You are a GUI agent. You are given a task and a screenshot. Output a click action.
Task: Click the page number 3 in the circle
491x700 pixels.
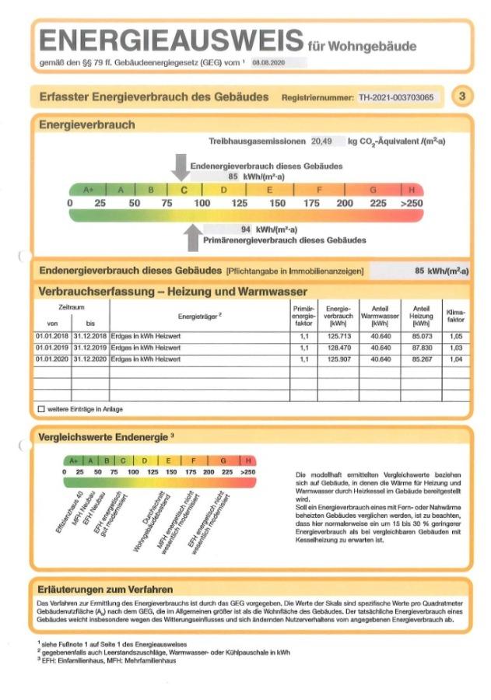click(x=462, y=96)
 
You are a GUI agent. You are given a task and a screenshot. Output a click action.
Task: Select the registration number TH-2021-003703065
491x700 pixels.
click(x=397, y=97)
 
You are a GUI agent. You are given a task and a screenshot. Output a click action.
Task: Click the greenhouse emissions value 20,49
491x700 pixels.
click(x=321, y=142)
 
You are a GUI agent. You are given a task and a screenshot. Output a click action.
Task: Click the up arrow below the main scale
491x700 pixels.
click(x=193, y=237)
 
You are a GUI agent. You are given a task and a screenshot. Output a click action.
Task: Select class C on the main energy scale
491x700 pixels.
click(x=184, y=189)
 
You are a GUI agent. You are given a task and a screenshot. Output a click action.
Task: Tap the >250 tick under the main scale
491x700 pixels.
click(x=412, y=203)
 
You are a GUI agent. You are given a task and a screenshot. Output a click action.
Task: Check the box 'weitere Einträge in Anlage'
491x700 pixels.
click(x=41, y=408)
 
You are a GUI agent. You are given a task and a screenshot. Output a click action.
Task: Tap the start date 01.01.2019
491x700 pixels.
click(x=53, y=348)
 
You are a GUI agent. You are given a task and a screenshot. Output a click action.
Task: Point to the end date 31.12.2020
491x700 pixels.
click(x=90, y=359)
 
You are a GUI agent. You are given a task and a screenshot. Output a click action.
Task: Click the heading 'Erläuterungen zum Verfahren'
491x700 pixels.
click(x=105, y=589)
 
